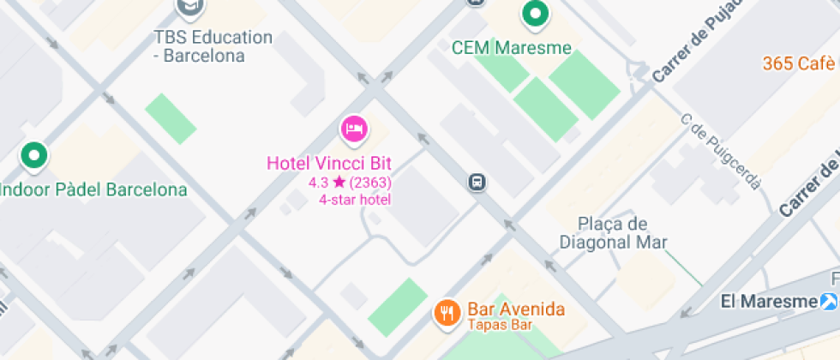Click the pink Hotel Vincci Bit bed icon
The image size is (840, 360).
[x=354, y=129]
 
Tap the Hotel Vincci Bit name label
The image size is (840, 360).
[x=328, y=163]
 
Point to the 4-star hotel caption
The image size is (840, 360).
[x=354, y=200]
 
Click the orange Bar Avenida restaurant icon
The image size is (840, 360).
[x=446, y=313]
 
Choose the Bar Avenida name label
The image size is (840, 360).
[x=516, y=309]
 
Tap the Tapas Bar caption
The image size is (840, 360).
[x=500, y=325]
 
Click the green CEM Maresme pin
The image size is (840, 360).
[x=536, y=14]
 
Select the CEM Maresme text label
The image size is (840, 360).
[x=511, y=47]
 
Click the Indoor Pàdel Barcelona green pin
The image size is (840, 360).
[x=34, y=156]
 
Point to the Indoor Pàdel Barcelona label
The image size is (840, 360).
[x=93, y=189]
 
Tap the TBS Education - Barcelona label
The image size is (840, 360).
[x=213, y=46]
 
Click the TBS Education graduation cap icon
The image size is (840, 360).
[x=190, y=7]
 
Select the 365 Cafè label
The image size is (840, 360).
[x=798, y=63]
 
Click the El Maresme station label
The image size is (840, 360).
[x=769, y=301]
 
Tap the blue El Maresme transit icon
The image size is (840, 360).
[x=828, y=301]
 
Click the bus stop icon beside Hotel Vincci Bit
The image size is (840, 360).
[x=477, y=182]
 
